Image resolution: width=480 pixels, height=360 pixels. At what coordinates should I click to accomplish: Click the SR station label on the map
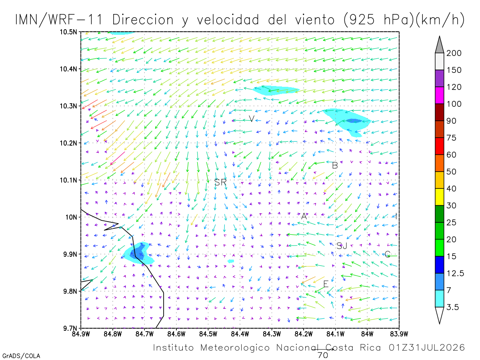tap(220, 182)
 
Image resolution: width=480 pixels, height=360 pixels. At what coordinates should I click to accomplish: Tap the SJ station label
tap(342, 246)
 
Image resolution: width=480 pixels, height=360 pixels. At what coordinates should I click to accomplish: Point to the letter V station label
tap(252, 119)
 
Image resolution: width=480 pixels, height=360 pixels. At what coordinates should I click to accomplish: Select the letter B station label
tap(335, 166)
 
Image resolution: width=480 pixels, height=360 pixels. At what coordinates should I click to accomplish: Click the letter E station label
tap(326, 284)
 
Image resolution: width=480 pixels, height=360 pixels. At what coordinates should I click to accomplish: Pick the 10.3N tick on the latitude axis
tap(68, 106)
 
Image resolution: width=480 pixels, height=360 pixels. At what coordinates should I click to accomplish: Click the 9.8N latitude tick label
tap(70, 291)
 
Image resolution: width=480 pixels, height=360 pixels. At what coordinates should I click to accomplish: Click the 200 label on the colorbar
tap(454, 53)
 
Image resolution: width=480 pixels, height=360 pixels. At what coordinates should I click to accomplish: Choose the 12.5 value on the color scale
tap(455, 273)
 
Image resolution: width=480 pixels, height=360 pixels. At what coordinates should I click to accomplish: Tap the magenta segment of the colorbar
tap(439, 95)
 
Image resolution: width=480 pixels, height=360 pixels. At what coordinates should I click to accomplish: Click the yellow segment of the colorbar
tap(439, 197)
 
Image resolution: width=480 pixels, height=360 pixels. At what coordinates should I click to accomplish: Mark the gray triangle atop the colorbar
tap(439, 45)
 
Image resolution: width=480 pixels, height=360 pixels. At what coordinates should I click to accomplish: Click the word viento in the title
tap(315, 20)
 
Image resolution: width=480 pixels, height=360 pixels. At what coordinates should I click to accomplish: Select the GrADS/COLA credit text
tap(21, 356)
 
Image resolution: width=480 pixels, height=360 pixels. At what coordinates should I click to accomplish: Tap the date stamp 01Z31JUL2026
tap(427, 348)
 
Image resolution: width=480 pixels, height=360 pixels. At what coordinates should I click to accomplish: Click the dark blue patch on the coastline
tap(137, 252)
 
